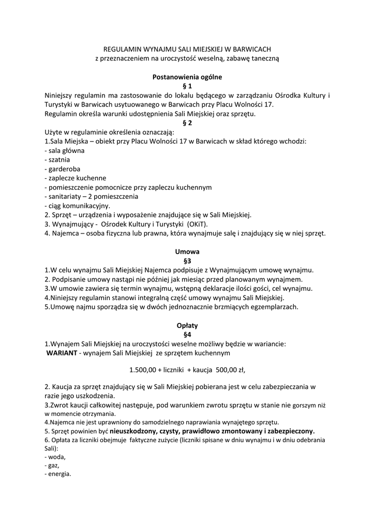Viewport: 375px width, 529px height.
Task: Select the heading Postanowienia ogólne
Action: pyautogui.click(x=187, y=77)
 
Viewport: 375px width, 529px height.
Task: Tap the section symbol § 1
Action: pyautogui.click(x=187, y=86)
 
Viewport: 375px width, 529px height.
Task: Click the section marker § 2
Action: pyautogui.click(x=187, y=123)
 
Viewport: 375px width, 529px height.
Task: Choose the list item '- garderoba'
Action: pyautogui.click(x=63, y=169)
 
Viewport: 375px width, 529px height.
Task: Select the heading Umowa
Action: pyautogui.click(x=187, y=252)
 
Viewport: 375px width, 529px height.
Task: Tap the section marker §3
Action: pyautogui.click(x=187, y=261)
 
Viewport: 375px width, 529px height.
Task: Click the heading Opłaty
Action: pyautogui.click(x=187, y=325)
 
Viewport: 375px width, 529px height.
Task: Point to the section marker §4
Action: pyautogui.click(x=187, y=335)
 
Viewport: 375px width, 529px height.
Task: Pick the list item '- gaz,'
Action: pyautogui.click(x=52, y=465)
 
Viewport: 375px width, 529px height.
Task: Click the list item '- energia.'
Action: pyautogui.click(x=58, y=474)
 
